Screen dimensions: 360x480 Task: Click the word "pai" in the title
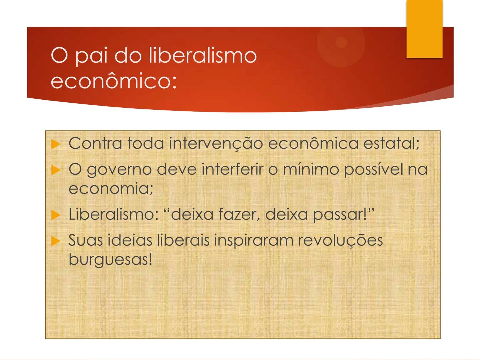click(91, 56)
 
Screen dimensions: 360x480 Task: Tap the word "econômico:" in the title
click(114, 81)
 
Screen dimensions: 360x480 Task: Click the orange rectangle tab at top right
click(424, 29)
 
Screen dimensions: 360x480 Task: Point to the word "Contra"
click(95, 144)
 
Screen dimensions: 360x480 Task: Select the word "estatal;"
click(391, 144)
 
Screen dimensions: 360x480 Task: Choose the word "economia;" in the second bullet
click(111, 189)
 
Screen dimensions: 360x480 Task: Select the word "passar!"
click(341, 214)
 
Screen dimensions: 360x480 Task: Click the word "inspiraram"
click(253, 240)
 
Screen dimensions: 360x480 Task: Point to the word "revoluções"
click(340, 240)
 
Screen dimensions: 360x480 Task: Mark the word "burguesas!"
click(110, 259)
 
